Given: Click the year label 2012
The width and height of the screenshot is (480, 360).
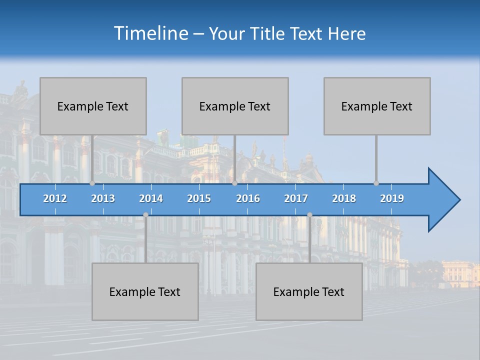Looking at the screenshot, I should [x=55, y=198].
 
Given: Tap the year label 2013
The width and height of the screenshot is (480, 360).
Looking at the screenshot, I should [x=103, y=198].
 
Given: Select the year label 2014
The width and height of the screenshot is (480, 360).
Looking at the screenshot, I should [x=151, y=198].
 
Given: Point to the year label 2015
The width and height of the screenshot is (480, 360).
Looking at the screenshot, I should [x=199, y=198].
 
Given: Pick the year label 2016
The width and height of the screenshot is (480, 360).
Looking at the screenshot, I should [x=248, y=198].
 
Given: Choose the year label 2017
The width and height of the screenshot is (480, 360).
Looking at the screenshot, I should [x=296, y=198].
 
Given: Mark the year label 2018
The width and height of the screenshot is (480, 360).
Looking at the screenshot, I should [x=344, y=198].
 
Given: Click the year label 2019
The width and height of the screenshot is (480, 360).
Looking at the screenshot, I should [x=392, y=198].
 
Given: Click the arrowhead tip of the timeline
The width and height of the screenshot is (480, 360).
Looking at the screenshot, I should [x=459, y=200].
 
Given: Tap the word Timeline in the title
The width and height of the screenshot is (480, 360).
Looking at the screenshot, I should [x=150, y=33].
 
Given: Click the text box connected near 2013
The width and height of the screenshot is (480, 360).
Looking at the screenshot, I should [x=93, y=106].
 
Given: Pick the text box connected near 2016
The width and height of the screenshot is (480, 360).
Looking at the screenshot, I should [x=235, y=106].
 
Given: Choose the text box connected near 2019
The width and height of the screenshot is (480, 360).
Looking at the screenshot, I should [x=377, y=106].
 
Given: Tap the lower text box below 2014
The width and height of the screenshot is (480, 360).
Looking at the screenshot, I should [x=145, y=291].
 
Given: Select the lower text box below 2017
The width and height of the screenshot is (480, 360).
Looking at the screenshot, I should [x=309, y=291].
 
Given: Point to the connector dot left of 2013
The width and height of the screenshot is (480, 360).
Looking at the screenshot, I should [x=92, y=183].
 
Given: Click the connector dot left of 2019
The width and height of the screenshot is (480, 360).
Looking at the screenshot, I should [x=376, y=183].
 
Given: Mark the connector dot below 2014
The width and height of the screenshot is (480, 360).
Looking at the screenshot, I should [x=145, y=214].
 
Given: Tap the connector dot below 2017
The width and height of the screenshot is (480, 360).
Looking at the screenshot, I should [x=309, y=214].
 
